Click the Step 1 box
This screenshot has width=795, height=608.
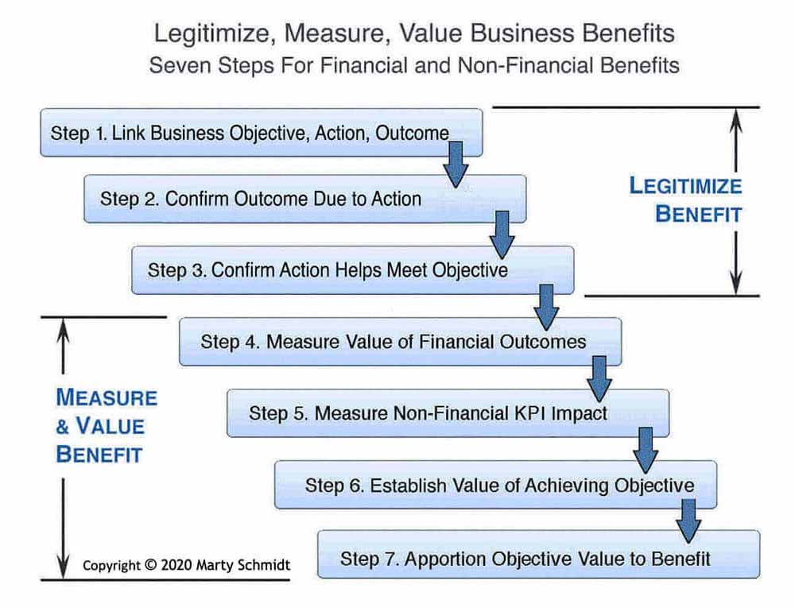(x=261, y=133)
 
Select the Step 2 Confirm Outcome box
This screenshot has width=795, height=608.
(x=304, y=199)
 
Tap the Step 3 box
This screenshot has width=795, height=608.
(x=353, y=270)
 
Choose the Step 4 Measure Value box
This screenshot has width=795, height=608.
(x=401, y=342)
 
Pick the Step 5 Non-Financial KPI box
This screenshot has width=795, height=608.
(x=448, y=413)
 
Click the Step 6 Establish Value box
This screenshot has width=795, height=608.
(x=496, y=485)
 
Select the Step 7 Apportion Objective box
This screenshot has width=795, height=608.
(x=539, y=554)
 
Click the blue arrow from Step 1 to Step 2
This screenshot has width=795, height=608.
(x=456, y=165)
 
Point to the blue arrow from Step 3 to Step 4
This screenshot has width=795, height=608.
(x=546, y=307)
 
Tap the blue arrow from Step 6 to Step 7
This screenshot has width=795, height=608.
(x=688, y=521)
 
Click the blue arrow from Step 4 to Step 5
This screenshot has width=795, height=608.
(x=599, y=379)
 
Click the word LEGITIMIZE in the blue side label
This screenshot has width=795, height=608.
(x=685, y=186)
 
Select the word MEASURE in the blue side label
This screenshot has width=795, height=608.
(x=107, y=397)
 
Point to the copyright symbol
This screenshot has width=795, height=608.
(x=150, y=564)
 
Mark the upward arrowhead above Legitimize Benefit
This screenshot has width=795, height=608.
(x=736, y=121)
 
